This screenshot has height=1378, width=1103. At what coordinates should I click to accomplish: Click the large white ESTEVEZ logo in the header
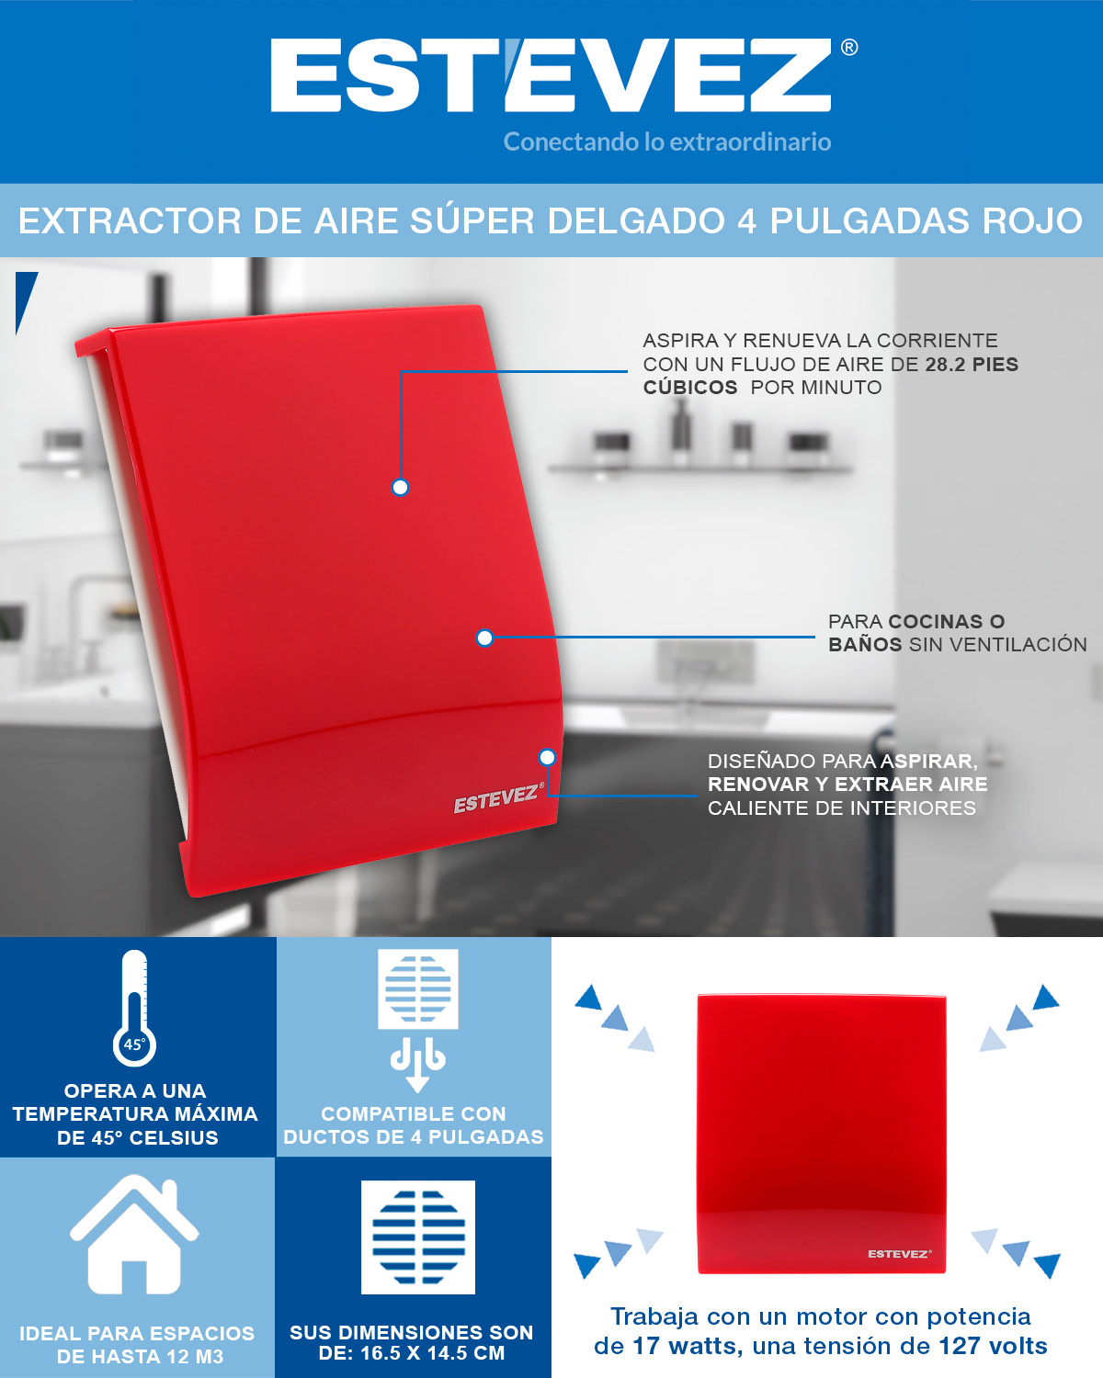tap(551, 75)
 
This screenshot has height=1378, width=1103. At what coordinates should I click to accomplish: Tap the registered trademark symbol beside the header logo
tap(849, 48)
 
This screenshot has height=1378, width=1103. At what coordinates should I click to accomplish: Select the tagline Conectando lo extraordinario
tap(667, 141)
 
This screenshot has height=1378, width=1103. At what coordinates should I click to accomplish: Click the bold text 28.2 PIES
tap(972, 365)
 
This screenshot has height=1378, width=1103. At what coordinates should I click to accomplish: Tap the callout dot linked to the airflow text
tap(400, 488)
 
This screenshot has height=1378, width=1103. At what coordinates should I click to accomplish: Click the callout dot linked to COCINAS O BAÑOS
tap(484, 638)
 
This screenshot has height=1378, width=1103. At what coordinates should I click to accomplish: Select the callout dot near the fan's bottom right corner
tap(547, 758)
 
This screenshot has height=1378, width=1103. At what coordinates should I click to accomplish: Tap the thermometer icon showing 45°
tap(134, 1008)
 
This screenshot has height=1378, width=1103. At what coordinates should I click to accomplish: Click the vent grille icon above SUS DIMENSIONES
tap(418, 1237)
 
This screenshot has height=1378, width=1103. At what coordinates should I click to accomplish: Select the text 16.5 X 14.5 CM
tap(433, 1353)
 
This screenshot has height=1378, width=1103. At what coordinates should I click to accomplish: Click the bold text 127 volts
tap(993, 1346)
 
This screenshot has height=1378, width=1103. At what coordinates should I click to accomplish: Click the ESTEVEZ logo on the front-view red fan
tap(899, 1254)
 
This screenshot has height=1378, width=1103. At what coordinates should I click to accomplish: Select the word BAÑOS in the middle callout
tap(865, 644)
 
